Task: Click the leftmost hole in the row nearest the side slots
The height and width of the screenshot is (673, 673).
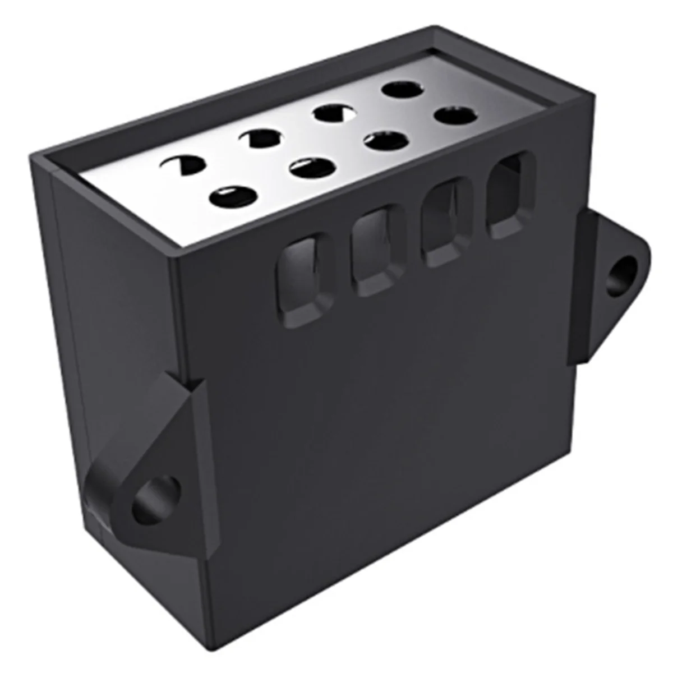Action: pos(233,196)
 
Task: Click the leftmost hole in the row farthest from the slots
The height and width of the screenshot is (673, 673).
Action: pos(181,164)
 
